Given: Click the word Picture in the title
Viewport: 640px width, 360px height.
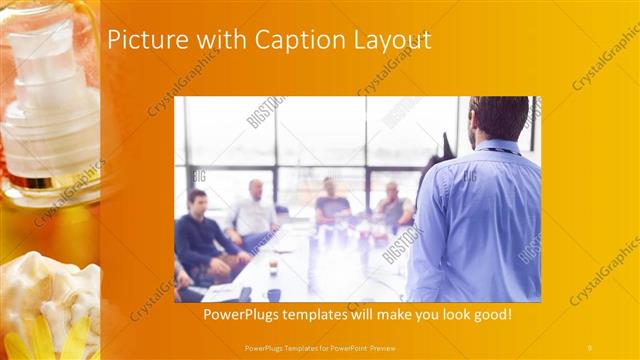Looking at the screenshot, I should [139, 40].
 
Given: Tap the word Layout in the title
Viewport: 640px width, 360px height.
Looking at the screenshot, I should [386, 41].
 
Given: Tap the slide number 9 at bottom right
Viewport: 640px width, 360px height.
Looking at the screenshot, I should [590, 346].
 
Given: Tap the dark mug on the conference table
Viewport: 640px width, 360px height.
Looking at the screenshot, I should [273, 295].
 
